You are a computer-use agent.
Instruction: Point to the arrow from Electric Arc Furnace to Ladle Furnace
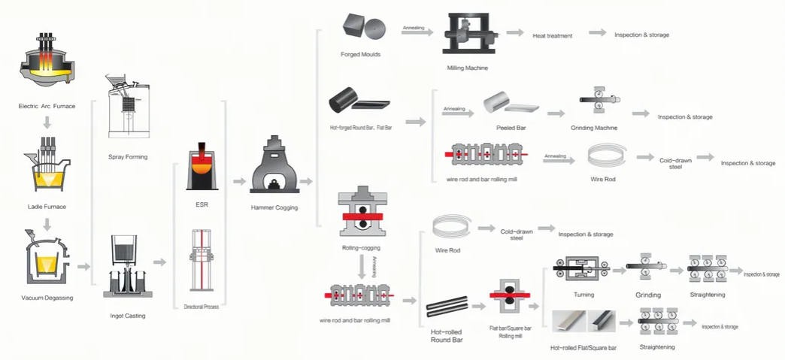[47, 123]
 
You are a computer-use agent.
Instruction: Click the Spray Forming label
[128, 157]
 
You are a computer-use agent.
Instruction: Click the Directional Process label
[201, 307]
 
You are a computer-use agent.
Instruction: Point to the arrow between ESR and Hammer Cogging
[239, 181]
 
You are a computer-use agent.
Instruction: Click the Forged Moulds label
[360, 55]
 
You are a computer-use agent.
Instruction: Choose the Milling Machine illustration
[468, 35]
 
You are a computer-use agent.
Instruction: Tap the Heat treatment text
[553, 35]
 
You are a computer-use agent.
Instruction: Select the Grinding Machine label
[596, 128]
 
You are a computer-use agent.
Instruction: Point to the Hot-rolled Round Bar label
[447, 335]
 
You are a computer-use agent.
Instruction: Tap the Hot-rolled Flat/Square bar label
[583, 348]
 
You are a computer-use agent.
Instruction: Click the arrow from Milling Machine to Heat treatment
[514, 33]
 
